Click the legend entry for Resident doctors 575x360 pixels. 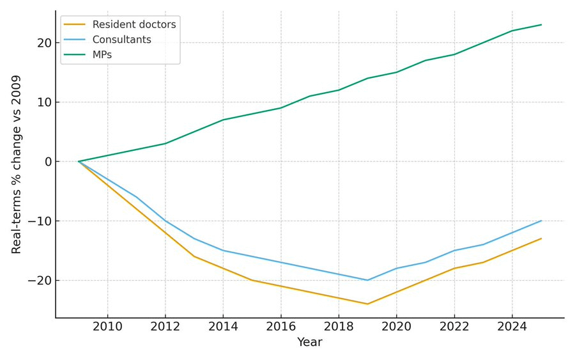tap(134, 25)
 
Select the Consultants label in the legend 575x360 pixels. tap(121, 40)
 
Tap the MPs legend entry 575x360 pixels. tap(102, 55)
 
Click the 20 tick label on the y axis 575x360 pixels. tap(43, 43)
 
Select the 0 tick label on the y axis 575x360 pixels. tap(47, 162)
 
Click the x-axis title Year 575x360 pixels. tap(310, 343)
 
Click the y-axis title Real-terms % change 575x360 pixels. tap(17, 164)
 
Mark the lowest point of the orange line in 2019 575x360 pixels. tap(367, 304)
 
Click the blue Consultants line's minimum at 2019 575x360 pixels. tap(367, 280)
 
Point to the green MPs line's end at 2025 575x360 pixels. tap(541, 25)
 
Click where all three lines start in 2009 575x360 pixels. tap(79, 161)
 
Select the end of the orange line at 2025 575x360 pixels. tap(541, 239)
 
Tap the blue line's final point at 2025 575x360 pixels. tap(541, 221)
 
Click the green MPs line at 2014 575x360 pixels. tap(223, 120)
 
